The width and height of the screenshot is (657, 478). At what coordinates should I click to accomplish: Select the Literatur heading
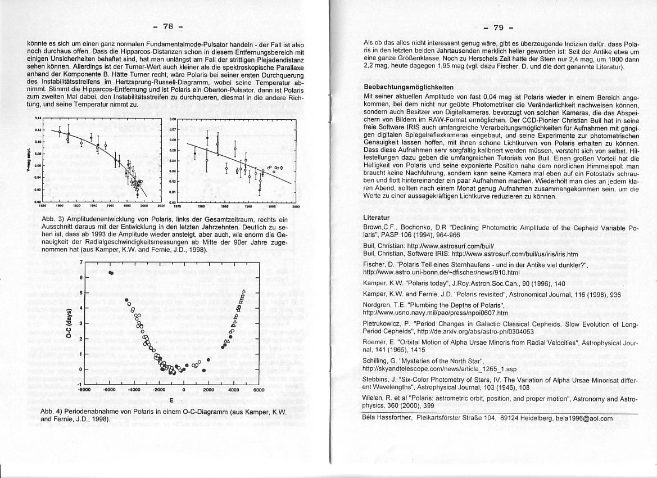377,217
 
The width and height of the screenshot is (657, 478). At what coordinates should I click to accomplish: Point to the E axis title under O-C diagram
171,401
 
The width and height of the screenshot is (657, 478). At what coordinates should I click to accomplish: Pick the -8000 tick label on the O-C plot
85,389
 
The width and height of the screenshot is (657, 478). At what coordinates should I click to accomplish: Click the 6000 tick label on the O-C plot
259,389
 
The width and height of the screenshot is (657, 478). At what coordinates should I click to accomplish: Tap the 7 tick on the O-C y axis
81,262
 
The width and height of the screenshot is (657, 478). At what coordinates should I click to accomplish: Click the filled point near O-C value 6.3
111,272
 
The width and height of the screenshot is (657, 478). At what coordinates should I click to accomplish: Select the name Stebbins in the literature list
380,380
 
